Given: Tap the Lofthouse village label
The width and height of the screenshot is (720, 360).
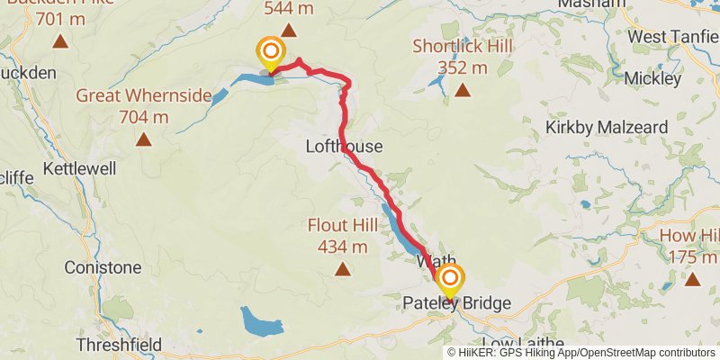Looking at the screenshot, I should pyautogui.click(x=345, y=147).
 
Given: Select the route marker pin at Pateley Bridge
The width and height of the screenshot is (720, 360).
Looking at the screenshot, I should pyautogui.click(x=448, y=281).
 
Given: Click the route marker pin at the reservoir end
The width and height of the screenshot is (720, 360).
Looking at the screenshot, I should pyautogui.click(x=270, y=53).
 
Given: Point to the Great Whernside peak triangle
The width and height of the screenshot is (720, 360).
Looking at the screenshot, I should pyautogui.click(x=143, y=139).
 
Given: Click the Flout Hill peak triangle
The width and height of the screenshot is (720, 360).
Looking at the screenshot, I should pyautogui.click(x=342, y=268).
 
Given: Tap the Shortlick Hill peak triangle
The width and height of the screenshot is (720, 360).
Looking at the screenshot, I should pyautogui.click(x=463, y=90).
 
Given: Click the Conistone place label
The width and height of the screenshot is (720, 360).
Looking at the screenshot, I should pyautogui.click(x=103, y=267).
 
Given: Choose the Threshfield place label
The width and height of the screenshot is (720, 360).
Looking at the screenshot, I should pyautogui.click(x=119, y=345).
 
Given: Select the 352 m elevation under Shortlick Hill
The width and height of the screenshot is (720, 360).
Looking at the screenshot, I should pyautogui.click(x=462, y=67).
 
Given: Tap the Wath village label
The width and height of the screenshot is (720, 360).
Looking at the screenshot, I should pyautogui.click(x=429, y=260).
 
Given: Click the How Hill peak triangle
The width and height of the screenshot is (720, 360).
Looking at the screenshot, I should pyautogui.click(x=692, y=280).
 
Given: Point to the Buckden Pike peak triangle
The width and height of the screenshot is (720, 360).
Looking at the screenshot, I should pyautogui.click(x=59, y=41).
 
